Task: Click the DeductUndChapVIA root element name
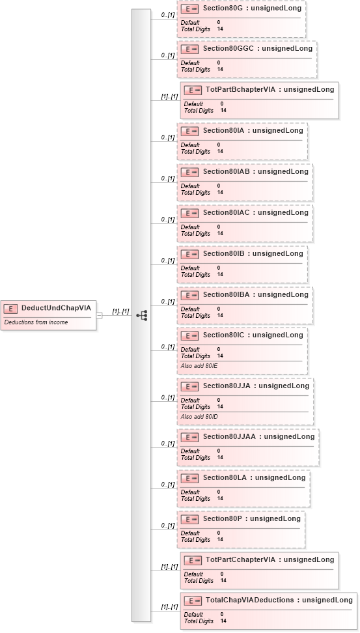[x=56, y=308]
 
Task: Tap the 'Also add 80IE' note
[x=199, y=366]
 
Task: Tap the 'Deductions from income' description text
[x=36, y=322]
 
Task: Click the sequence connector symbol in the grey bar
[x=142, y=315]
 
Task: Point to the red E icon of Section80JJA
[x=189, y=386]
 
